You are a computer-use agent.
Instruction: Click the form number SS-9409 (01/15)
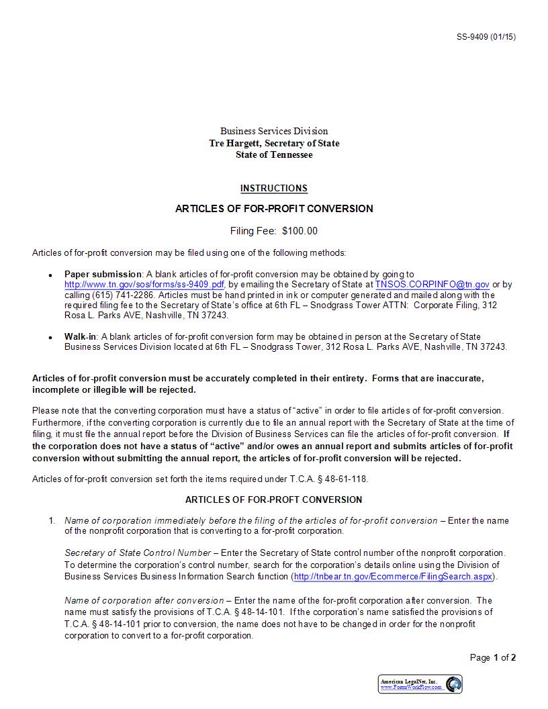point(486,37)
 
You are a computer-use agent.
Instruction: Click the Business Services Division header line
point(274,131)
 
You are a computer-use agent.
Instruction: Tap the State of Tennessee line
point(274,155)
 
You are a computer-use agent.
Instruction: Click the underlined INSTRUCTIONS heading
point(274,189)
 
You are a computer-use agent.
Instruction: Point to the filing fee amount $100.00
point(300,231)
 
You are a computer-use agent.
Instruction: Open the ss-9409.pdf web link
point(144,285)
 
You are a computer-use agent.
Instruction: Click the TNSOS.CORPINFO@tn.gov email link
point(432,285)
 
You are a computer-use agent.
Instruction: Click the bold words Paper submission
point(103,274)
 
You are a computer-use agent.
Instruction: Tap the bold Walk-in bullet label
point(81,336)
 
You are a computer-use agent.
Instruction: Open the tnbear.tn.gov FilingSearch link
point(393,577)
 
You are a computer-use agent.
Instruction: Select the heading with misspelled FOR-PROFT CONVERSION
point(274,500)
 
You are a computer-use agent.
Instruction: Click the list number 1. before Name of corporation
point(52,520)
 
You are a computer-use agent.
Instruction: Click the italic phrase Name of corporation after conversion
point(144,600)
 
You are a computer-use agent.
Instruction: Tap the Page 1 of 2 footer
point(493,658)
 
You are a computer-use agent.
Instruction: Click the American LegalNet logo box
point(420,684)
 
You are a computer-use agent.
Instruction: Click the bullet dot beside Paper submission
point(50,275)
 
